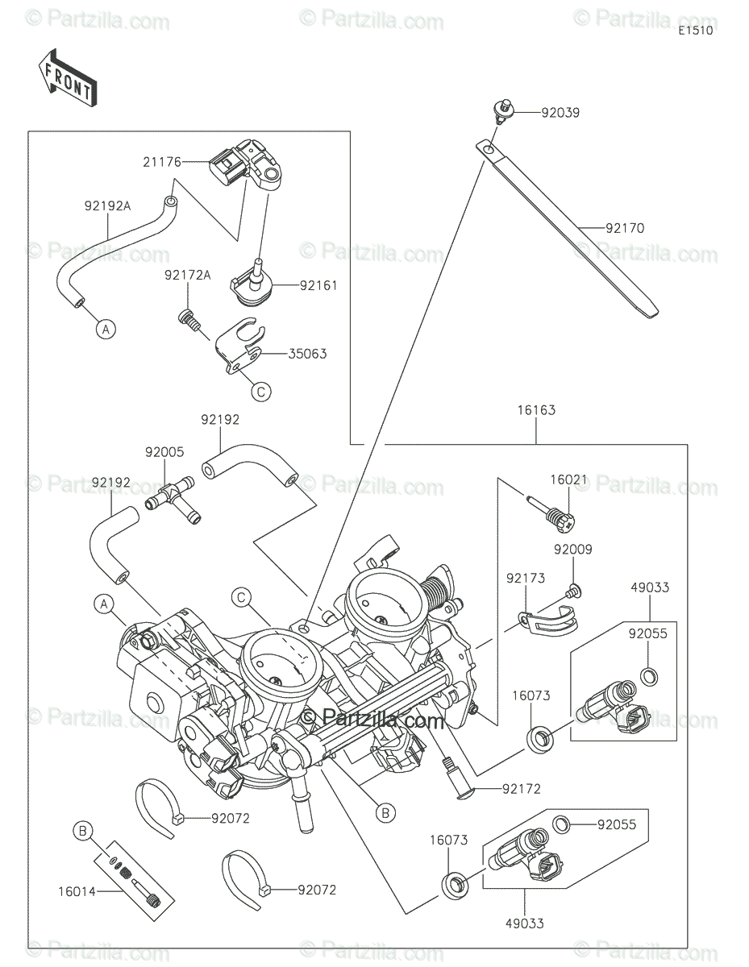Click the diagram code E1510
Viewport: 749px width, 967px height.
(x=695, y=31)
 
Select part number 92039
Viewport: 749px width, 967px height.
(x=560, y=114)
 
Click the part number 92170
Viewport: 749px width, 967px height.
(x=625, y=228)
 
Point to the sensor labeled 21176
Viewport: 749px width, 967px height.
(x=242, y=167)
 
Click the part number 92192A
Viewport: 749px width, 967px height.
(x=107, y=205)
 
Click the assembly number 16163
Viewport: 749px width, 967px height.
(x=536, y=410)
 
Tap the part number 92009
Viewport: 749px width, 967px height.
(x=572, y=550)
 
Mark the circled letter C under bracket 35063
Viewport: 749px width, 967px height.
(x=260, y=392)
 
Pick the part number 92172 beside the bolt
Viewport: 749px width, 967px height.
(x=521, y=789)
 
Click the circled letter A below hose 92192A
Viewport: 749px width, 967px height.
(x=104, y=328)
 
